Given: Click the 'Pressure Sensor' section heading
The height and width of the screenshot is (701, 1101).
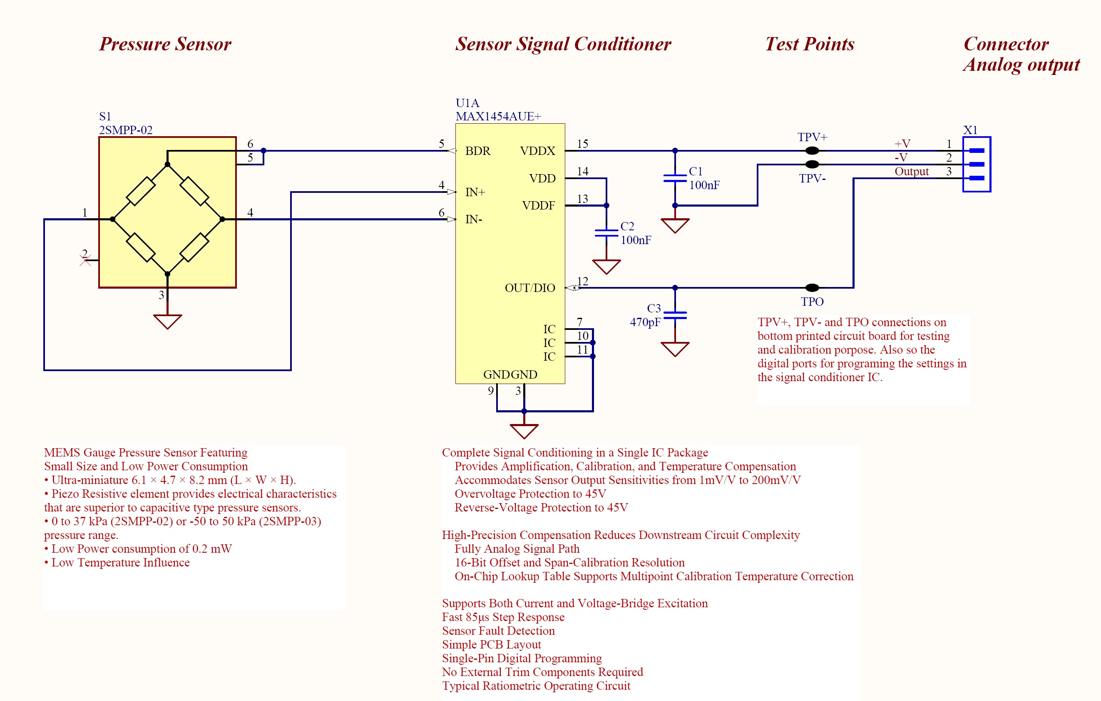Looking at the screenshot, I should [x=165, y=44].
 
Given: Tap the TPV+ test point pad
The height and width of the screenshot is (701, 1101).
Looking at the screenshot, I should [x=812, y=150].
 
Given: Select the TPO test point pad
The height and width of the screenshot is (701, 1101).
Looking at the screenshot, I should [x=812, y=287].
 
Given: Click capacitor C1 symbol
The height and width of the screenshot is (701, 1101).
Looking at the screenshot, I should [x=675, y=178].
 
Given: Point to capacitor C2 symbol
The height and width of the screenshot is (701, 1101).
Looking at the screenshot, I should [x=606, y=233].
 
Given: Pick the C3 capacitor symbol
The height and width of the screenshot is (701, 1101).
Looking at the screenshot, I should [x=675, y=315].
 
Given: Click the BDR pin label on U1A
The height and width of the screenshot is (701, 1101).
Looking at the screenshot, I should [x=477, y=151].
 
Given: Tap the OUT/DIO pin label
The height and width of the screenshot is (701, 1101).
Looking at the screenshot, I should [x=529, y=288].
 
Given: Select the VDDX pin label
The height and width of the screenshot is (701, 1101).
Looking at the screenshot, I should [x=537, y=151].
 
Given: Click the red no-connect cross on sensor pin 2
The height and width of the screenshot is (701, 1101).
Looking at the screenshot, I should [x=85, y=260].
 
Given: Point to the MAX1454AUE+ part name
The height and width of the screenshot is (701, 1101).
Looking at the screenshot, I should [x=498, y=116].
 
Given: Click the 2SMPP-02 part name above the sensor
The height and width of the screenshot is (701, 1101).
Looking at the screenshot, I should [x=126, y=130].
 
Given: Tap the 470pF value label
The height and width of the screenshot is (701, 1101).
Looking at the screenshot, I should [x=645, y=322].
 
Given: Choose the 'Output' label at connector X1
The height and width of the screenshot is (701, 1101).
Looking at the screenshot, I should [x=911, y=171].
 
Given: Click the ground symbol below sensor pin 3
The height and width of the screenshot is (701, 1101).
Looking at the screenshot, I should [x=167, y=321].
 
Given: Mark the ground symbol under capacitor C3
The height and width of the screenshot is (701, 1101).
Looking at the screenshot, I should [x=675, y=349].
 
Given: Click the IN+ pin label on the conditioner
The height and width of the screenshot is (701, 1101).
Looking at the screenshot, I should [x=475, y=192].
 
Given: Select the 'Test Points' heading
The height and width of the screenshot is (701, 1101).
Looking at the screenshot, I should [x=809, y=44].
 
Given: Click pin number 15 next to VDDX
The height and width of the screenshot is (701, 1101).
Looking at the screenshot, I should [x=582, y=144].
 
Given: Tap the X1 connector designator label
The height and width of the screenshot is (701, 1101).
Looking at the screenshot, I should [x=970, y=130].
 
